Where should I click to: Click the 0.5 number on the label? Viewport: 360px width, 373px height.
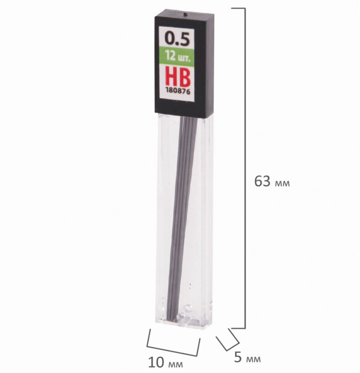[177, 39]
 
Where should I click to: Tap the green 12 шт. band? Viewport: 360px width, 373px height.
[176, 56]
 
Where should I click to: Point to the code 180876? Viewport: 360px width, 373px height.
[178, 91]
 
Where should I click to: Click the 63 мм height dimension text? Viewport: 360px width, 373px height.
[272, 182]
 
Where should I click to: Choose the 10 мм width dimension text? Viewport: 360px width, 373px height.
[166, 362]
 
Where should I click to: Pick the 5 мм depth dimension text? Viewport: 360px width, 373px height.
[247, 358]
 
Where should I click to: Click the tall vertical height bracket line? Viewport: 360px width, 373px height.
[245, 168]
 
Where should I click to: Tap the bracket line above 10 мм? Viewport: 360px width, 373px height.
[173, 345]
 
